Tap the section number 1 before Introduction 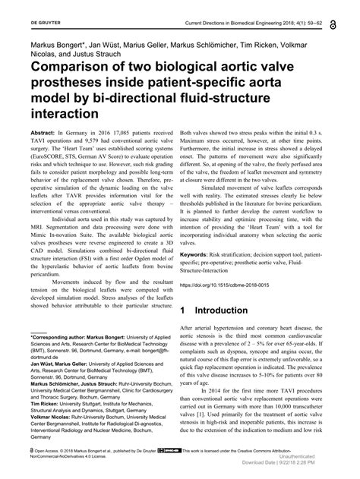click(185, 310)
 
